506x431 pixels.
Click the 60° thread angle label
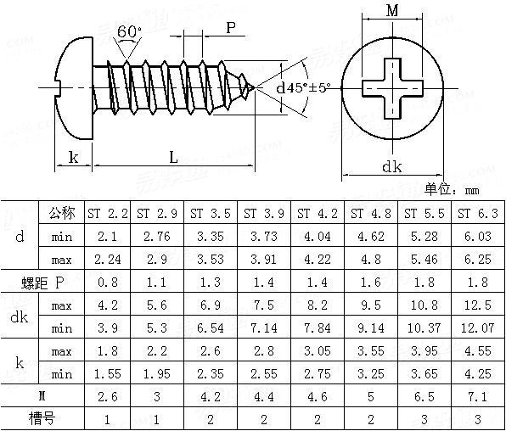tap(129, 31)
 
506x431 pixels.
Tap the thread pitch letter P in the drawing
tap(230, 27)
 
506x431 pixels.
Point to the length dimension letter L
tap(172, 157)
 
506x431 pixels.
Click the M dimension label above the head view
tap(391, 11)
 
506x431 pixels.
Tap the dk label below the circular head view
tap(391, 167)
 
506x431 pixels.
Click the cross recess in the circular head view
tap(391, 87)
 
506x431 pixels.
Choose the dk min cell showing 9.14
tap(371, 327)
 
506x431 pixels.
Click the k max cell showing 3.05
tap(318, 350)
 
